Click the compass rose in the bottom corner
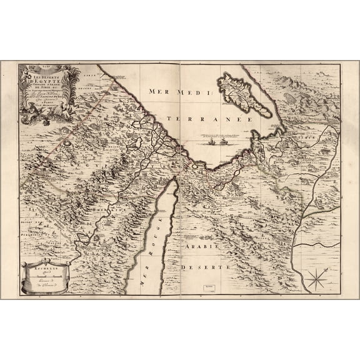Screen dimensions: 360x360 click(317, 278)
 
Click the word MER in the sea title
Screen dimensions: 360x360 click(159, 91)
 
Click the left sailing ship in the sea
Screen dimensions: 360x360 click(209, 142)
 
